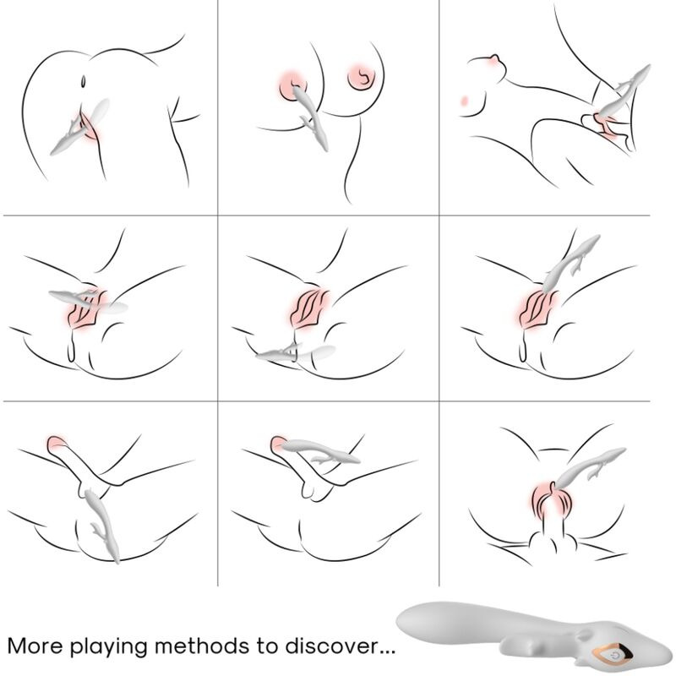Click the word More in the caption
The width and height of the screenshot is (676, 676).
(x=35, y=646)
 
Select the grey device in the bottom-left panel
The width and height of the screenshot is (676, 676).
(x=102, y=524)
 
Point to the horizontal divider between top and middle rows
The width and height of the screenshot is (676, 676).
(x=338, y=215)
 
